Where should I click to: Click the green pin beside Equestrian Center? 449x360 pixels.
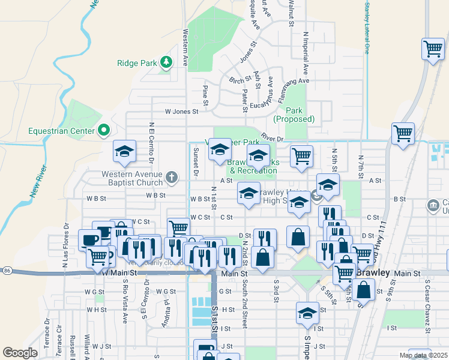[x=103, y=130]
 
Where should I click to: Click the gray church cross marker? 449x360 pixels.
[x=172, y=177]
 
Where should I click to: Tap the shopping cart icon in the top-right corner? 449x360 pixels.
[x=432, y=49]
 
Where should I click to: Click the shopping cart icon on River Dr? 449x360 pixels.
[x=403, y=133]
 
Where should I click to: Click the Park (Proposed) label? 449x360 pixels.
[x=294, y=115]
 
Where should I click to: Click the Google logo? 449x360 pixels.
[x=20, y=353]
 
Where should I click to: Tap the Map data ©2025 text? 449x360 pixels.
[x=423, y=355]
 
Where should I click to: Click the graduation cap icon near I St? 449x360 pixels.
[x=307, y=313]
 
